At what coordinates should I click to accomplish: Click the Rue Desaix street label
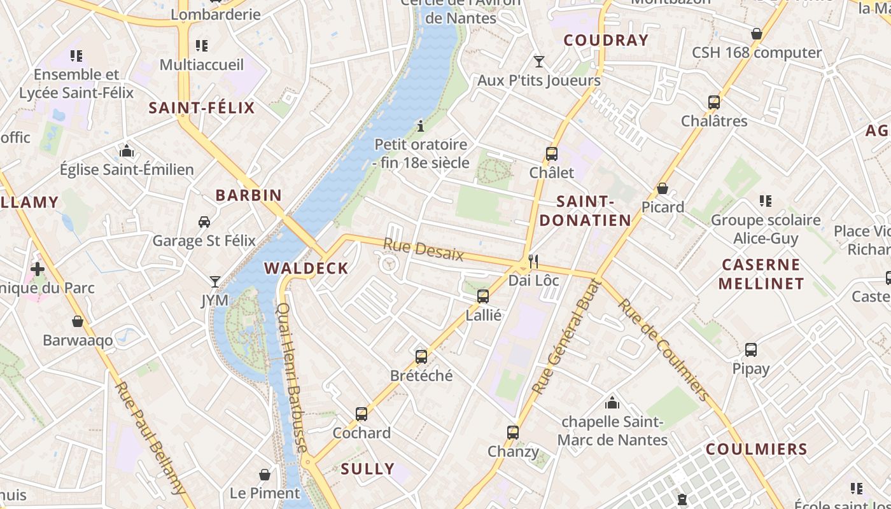point(423,249)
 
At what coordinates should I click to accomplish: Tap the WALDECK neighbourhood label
point(306,268)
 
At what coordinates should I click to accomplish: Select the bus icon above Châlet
point(551,154)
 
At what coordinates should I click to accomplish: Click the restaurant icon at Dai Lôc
point(533,261)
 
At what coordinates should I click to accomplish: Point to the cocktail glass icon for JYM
point(214,281)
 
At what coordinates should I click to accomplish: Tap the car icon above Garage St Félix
point(204,222)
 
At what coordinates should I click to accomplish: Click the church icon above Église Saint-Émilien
point(127,151)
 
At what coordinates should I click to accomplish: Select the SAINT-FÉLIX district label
point(201,108)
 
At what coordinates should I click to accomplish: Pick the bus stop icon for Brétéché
point(421,357)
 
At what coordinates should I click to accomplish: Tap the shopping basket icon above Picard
point(663,189)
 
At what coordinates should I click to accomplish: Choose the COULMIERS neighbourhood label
point(756,449)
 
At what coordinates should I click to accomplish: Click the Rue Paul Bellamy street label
point(150,438)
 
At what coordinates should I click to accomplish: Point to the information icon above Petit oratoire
point(420,127)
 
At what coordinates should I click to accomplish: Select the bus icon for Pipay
point(751,350)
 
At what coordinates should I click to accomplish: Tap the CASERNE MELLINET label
point(761,274)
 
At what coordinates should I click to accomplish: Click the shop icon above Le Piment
point(265,475)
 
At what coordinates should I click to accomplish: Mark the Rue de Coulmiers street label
point(663,350)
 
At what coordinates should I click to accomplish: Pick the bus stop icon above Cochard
point(361,414)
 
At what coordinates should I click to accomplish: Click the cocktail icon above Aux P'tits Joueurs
point(539,62)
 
